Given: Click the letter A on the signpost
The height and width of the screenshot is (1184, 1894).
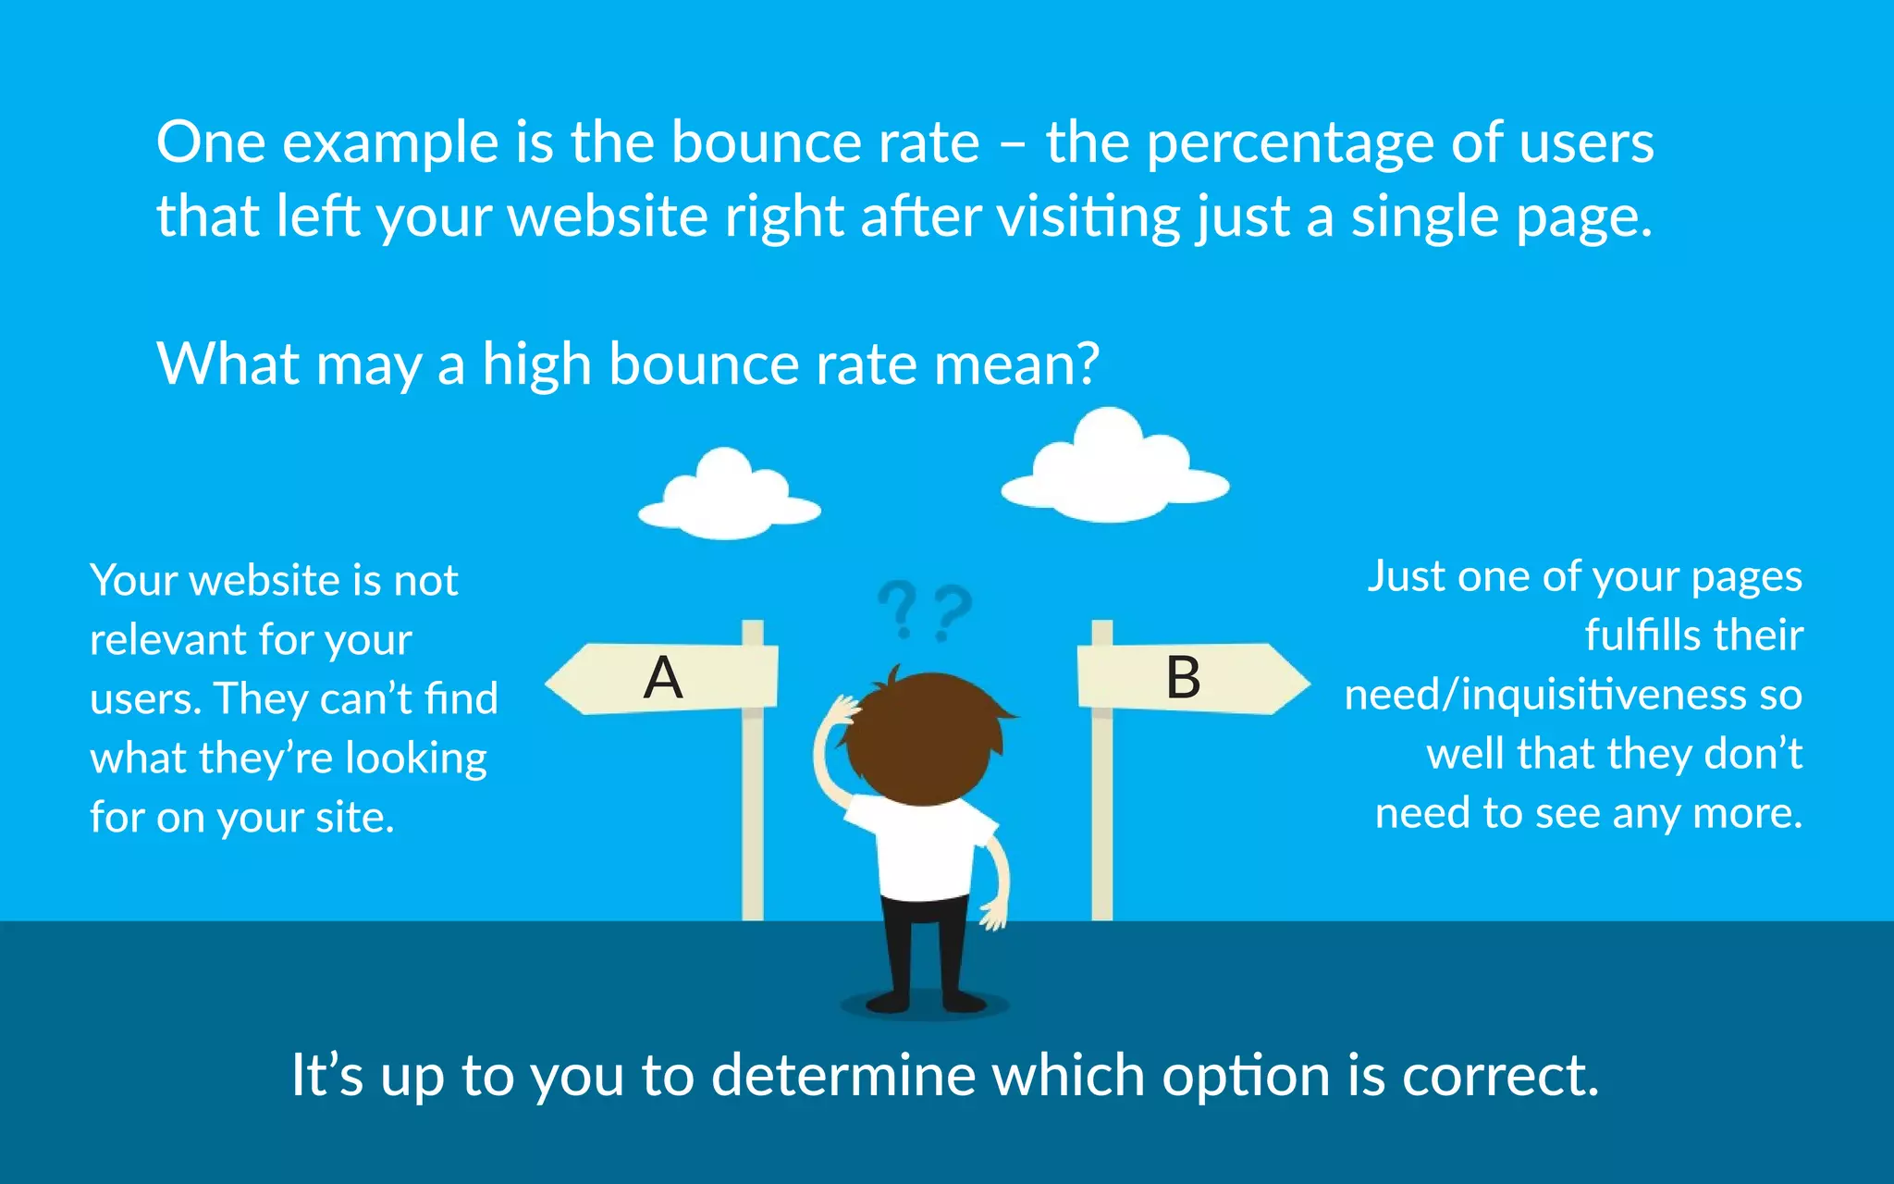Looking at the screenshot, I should coord(663,678).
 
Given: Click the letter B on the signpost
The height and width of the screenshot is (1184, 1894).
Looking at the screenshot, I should coord(1183,678).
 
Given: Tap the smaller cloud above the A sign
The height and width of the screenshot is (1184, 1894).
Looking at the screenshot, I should coord(730,497).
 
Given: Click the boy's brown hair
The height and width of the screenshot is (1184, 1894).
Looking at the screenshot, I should coord(925,735).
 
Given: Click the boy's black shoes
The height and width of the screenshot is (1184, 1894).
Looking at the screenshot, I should coord(925,1002).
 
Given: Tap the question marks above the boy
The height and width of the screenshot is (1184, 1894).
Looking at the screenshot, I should coord(925,610).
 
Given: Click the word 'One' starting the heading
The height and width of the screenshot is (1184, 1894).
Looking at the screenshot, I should coord(211,143).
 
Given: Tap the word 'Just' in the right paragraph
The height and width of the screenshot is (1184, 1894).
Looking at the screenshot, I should coord(1406,576).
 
